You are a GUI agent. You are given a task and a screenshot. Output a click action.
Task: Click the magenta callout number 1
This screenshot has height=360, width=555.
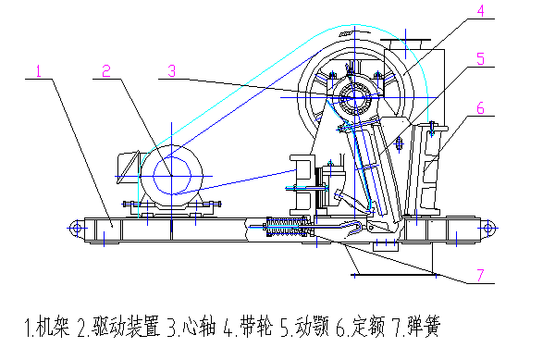click(39, 71)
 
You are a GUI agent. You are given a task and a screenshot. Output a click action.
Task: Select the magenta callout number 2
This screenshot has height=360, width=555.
click(106, 71)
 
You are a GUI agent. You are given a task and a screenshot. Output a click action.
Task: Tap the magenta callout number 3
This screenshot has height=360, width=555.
click(172, 71)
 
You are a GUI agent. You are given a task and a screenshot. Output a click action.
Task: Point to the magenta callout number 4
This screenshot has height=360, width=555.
click(480, 10)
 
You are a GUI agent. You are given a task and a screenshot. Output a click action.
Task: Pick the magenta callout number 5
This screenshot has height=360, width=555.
click(480, 58)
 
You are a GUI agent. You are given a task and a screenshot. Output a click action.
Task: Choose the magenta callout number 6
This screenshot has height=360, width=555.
click(480, 108)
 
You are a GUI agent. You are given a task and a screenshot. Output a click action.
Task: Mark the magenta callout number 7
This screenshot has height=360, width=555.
click(480, 275)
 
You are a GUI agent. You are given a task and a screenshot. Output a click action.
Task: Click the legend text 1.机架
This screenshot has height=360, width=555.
click(47, 327)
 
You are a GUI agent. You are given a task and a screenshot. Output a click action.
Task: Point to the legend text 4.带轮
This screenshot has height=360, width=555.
click(248, 327)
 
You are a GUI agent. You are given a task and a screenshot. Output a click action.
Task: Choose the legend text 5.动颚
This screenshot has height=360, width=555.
click(305, 327)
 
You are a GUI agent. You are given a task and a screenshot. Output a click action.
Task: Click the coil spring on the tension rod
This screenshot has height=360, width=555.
click(286, 227)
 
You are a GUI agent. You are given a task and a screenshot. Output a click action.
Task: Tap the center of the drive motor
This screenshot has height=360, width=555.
click(172, 176)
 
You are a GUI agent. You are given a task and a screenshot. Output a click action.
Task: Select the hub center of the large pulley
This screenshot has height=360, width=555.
click(354, 97)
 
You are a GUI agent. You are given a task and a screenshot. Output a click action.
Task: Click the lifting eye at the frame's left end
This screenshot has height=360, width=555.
click(77, 228)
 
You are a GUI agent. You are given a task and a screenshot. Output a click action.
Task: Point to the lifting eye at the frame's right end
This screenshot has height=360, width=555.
click(487, 228)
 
